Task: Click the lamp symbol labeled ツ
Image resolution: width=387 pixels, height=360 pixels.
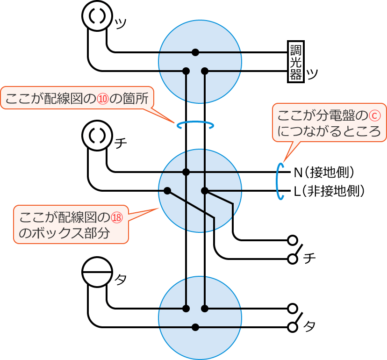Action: pyautogui.click(x=97, y=15)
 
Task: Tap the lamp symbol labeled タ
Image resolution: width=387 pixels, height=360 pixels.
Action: pyautogui.click(x=97, y=272)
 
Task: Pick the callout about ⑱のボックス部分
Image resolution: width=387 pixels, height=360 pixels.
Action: pyautogui.click(x=71, y=224)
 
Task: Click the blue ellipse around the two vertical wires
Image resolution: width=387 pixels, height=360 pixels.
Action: pyautogui.click(x=195, y=125)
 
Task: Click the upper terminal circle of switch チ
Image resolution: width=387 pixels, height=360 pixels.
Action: pyautogui.click(x=293, y=240)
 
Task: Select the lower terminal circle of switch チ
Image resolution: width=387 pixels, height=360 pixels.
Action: pyautogui.click(x=293, y=259)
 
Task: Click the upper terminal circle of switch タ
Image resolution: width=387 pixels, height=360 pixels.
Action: pyautogui.click(x=293, y=309)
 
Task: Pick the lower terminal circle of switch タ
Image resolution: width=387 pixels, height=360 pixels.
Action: pyautogui.click(x=293, y=327)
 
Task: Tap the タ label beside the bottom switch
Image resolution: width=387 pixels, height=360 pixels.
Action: pyautogui.click(x=309, y=326)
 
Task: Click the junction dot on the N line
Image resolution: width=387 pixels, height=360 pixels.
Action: pyautogui.click(x=186, y=172)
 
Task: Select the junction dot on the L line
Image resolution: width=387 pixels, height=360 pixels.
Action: pyautogui.click(x=204, y=191)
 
